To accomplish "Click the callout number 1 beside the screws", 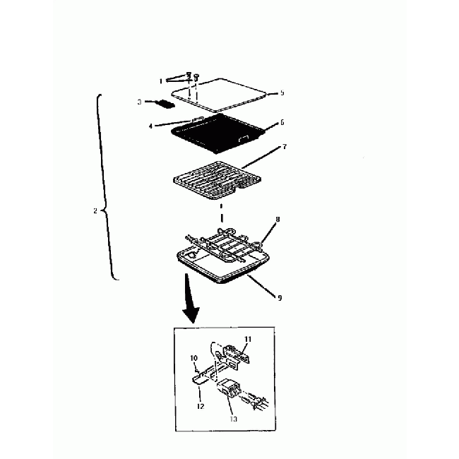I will (x=160, y=81).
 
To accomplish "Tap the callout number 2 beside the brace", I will (x=95, y=210).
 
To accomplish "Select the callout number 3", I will (x=140, y=102).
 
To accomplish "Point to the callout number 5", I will (x=281, y=93).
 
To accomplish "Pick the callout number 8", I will (x=278, y=220).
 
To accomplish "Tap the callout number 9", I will (x=280, y=297).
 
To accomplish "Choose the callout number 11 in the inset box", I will (x=249, y=340).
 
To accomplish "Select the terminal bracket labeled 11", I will (x=237, y=352).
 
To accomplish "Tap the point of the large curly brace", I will (x=103, y=210).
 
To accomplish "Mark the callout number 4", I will (x=150, y=126).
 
